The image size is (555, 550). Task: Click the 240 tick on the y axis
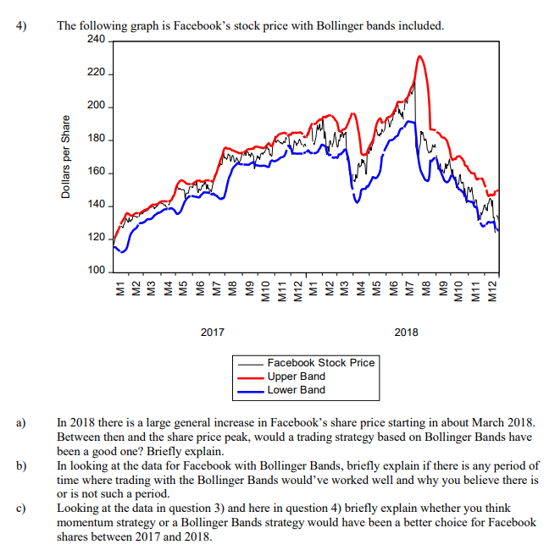point(95,40)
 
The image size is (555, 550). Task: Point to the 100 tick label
point(95,271)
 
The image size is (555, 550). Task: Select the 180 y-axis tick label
point(95,139)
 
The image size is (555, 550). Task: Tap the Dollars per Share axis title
point(66,156)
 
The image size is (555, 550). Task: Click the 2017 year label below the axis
point(212,332)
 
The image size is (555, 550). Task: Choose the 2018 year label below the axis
point(406,332)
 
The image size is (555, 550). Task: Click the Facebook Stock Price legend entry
point(320,363)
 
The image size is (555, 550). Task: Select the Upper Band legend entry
point(296,377)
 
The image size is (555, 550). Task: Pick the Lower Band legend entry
point(296,390)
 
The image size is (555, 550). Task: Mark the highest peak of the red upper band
point(420,57)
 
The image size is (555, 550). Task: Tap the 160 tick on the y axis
point(95,172)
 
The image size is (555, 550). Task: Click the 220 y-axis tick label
point(95,73)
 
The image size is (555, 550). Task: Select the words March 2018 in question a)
point(506,421)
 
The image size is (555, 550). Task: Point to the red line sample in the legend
point(252,377)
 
